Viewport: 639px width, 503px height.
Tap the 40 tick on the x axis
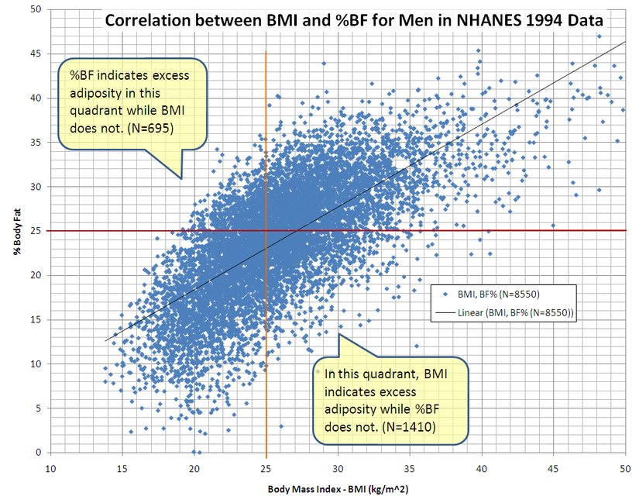(x=481, y=468)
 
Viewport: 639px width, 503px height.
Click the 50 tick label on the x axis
(x=624, y=468)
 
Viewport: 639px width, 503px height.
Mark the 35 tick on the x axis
(x=409, y=468)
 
